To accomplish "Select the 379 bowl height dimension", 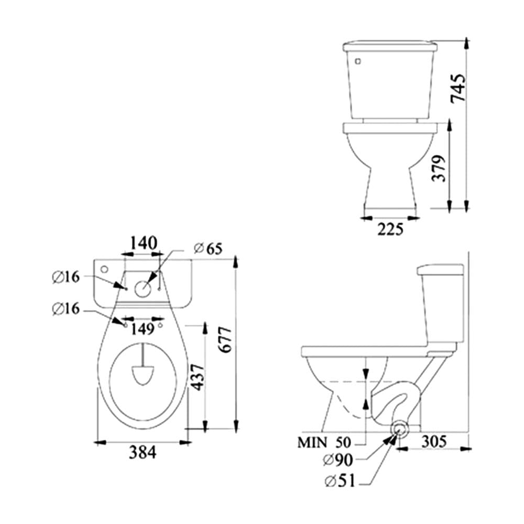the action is (x=439, y=168).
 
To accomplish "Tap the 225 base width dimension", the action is (x=390, y=230).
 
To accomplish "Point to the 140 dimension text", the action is (x=143, y=243).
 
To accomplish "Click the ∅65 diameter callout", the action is (x=208, y=248).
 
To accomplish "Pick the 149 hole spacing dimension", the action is (x=143, y=329).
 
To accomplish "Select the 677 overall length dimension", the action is (x=225, y=340).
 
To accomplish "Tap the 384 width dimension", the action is (x=143, y=453).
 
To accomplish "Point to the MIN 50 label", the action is (x=324, y=442).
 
